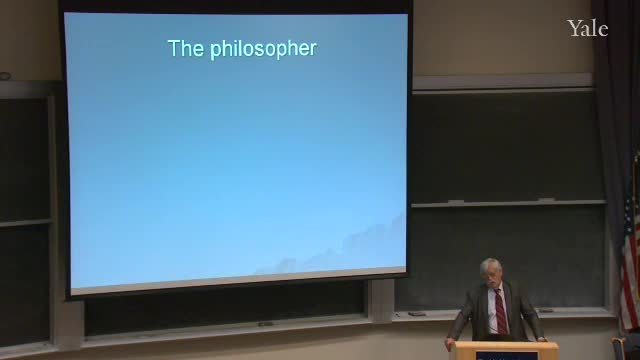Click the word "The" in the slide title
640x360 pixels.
pos(186,48)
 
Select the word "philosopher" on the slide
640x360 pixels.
pos(263,49)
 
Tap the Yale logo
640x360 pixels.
pos(587,29)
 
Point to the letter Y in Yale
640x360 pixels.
pos(574,29)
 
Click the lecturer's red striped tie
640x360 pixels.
pos(501,312)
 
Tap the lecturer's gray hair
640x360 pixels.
pos(490,265)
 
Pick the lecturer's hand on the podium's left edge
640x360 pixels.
pos(451,343)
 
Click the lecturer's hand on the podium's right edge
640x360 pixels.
pos(541,339)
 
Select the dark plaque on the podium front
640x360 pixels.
pos(506,356)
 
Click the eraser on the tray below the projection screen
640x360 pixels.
pos(265,324)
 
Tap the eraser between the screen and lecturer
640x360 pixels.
pos(417,314)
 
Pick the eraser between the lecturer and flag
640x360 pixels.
pos(546,311)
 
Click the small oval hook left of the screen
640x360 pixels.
pos(5,76)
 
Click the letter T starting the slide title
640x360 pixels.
pos(173,48)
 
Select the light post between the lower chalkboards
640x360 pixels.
pos(381,301)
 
